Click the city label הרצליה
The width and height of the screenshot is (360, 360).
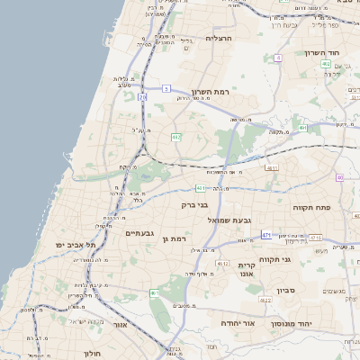click(219, 39)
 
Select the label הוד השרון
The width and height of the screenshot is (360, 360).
click(340, 53)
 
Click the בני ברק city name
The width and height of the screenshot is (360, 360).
click(194, 205)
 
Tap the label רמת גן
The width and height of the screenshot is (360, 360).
click(173, 238)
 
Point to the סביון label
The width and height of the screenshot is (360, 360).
click(286, 290)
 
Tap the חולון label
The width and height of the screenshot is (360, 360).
click(92, 354)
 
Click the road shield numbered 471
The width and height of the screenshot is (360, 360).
click(266, 234)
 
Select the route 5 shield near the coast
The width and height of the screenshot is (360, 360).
click(166, 88)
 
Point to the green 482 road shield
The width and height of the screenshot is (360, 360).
click(175, 137)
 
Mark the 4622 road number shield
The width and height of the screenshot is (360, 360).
click(265, 300)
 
